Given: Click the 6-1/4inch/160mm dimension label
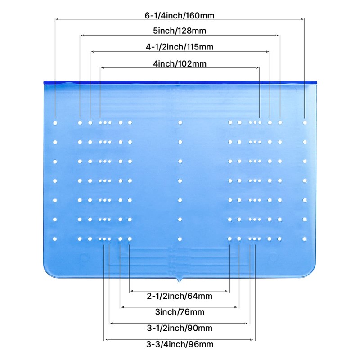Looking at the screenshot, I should click(x=180, y=15).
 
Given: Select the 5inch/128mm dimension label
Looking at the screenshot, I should click(x=180, y=31).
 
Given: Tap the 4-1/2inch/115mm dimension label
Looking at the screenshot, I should click(x=180, y=47).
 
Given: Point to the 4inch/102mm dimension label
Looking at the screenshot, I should click(x=180, y=63).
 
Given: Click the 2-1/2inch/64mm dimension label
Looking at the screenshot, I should click(x=180, y=296).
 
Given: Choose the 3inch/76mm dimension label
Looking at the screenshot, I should click(x=180, y=312).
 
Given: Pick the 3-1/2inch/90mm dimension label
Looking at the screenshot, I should click(x=180, y=328).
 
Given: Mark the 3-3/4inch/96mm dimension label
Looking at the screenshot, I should click(x=180, y=345).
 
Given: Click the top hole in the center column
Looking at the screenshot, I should click(x=180, y=122).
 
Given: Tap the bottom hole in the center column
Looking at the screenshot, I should click(x=180, y=239).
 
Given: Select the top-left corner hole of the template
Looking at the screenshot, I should click(x=55, y=122).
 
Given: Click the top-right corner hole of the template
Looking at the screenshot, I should click(x=305, y=122).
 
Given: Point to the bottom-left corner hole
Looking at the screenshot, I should click(x=55, y=239).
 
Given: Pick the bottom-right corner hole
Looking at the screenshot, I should click(x=305, y=239).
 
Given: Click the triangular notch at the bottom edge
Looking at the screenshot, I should click(x=180, y=280).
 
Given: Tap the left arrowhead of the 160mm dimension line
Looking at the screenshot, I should click(x=57, y=19).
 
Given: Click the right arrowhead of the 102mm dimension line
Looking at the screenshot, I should click(x=258, y=67).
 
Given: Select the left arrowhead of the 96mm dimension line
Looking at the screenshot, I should click(x=106, y=340).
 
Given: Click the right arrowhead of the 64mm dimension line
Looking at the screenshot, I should click(x=228, y=291).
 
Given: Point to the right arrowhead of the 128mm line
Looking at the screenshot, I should click(x=278, y=35).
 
